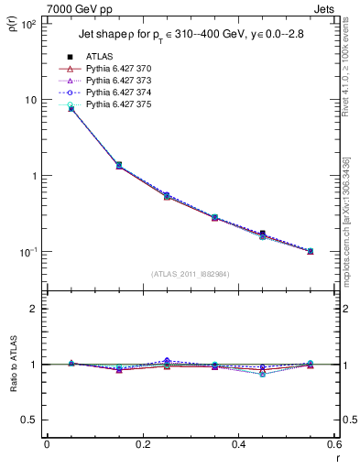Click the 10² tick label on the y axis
pos(27,24)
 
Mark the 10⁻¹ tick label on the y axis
pos(27,252)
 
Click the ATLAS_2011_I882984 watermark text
pos(190,273)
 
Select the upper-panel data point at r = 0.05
pos(71,108)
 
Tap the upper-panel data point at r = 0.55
pos(310,251)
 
